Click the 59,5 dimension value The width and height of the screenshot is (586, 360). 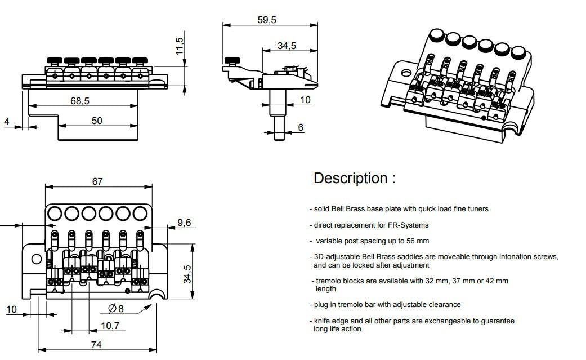(x=267, y=20)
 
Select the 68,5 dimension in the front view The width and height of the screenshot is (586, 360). (x=80, y=100)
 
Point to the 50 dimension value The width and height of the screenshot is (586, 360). (x=96, y=120)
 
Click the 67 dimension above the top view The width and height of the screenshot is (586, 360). (x=97, y=181)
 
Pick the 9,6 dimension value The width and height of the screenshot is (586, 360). (x=184, y=223)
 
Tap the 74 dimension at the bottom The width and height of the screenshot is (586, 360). (x=96, y=344)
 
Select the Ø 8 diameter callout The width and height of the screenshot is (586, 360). (x=115, y=308)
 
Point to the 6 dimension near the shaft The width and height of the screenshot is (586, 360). (x=301, y=128)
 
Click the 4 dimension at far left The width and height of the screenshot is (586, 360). (x=6, y=122)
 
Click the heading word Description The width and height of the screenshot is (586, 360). (x=350, y=179)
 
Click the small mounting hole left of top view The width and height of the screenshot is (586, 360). (x=37, y=259)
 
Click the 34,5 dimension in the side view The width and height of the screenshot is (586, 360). (x=287, y=46)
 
